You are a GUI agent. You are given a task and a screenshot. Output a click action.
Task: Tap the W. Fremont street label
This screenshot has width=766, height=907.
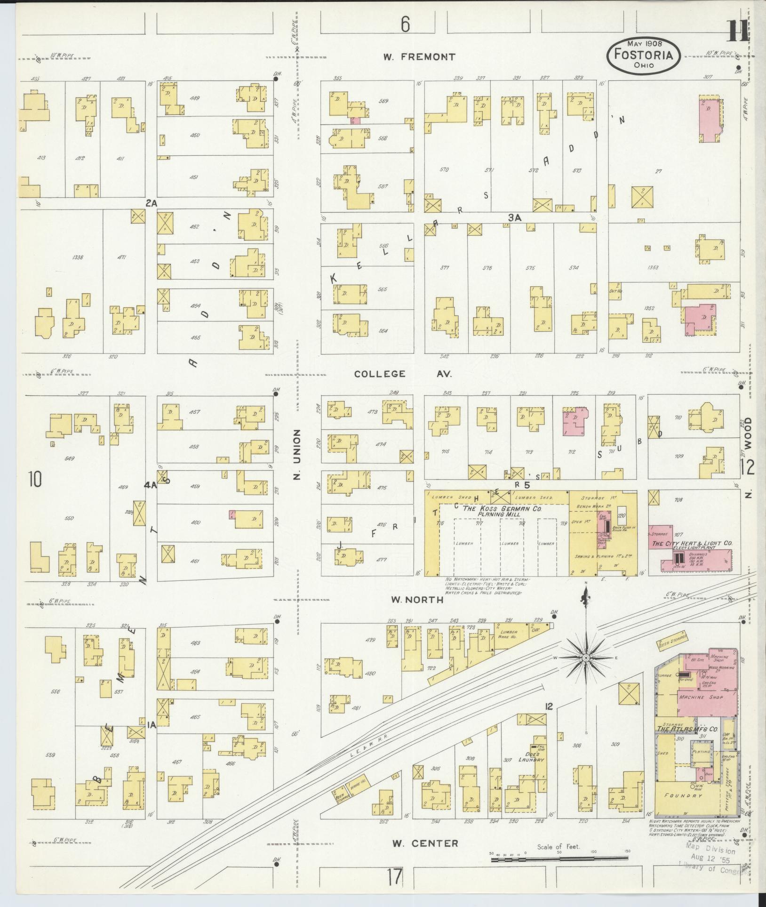[419, 57]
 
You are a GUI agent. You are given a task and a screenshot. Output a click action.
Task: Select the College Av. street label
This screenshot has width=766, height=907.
[403, 374]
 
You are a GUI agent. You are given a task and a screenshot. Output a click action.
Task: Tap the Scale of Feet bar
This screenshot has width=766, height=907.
[560, 859]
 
